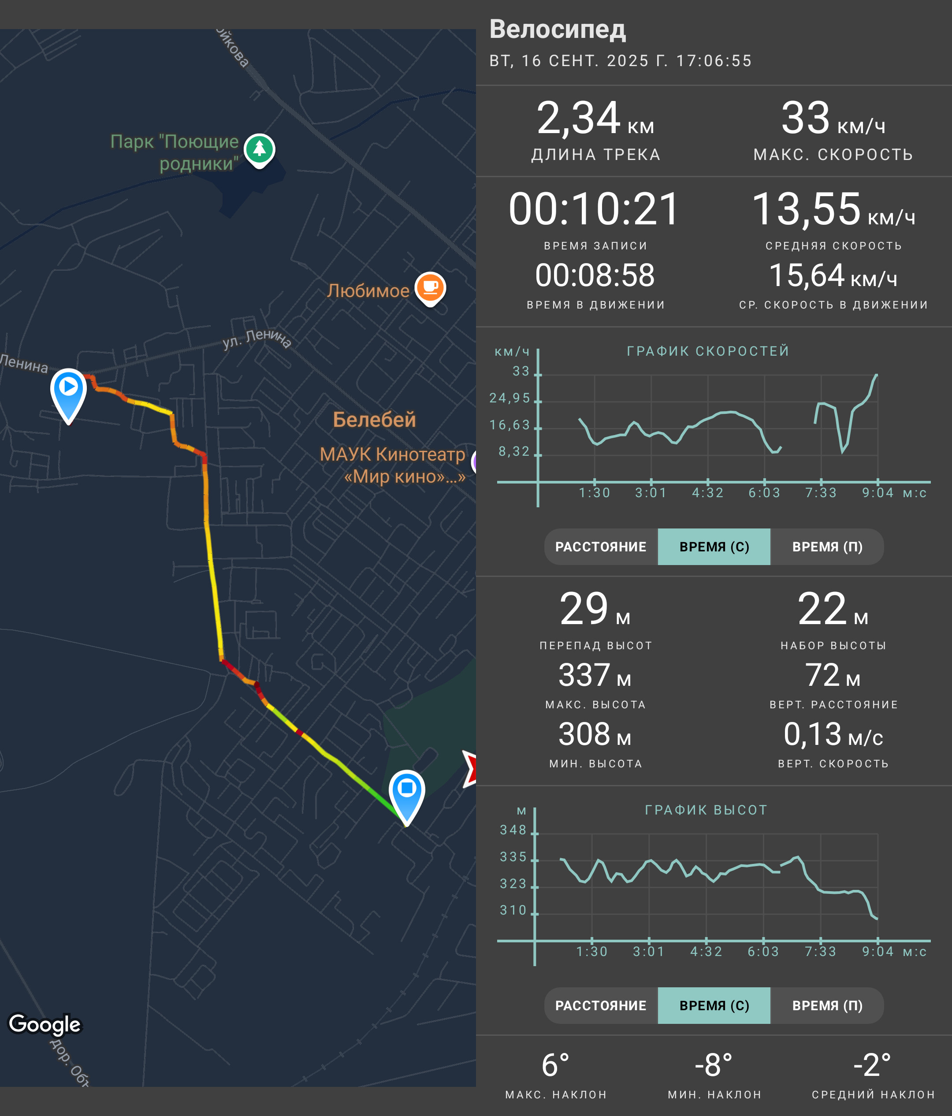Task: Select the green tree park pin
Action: [x=260, y=150]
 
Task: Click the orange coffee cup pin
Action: [x=430, y=289]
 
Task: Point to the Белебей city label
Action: [x=374, y=419]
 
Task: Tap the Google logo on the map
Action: [x=45, y=1024]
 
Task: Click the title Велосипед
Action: [x=557, y=29]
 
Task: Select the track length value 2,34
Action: [x=578, y=118]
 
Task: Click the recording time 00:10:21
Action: [x=595, y=209]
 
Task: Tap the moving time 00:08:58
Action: [x=595, y=275]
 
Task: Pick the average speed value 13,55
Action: [x=806, y=209]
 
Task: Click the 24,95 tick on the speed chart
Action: [x=509, y=398]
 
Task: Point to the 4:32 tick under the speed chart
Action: [x=707, y=492]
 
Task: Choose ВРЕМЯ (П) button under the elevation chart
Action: [x=827, y=1005]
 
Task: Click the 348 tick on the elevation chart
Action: [x=513, y=830]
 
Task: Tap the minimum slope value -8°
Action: [x=714, y=1065]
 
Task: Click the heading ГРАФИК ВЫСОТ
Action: [x=706, y=810]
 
